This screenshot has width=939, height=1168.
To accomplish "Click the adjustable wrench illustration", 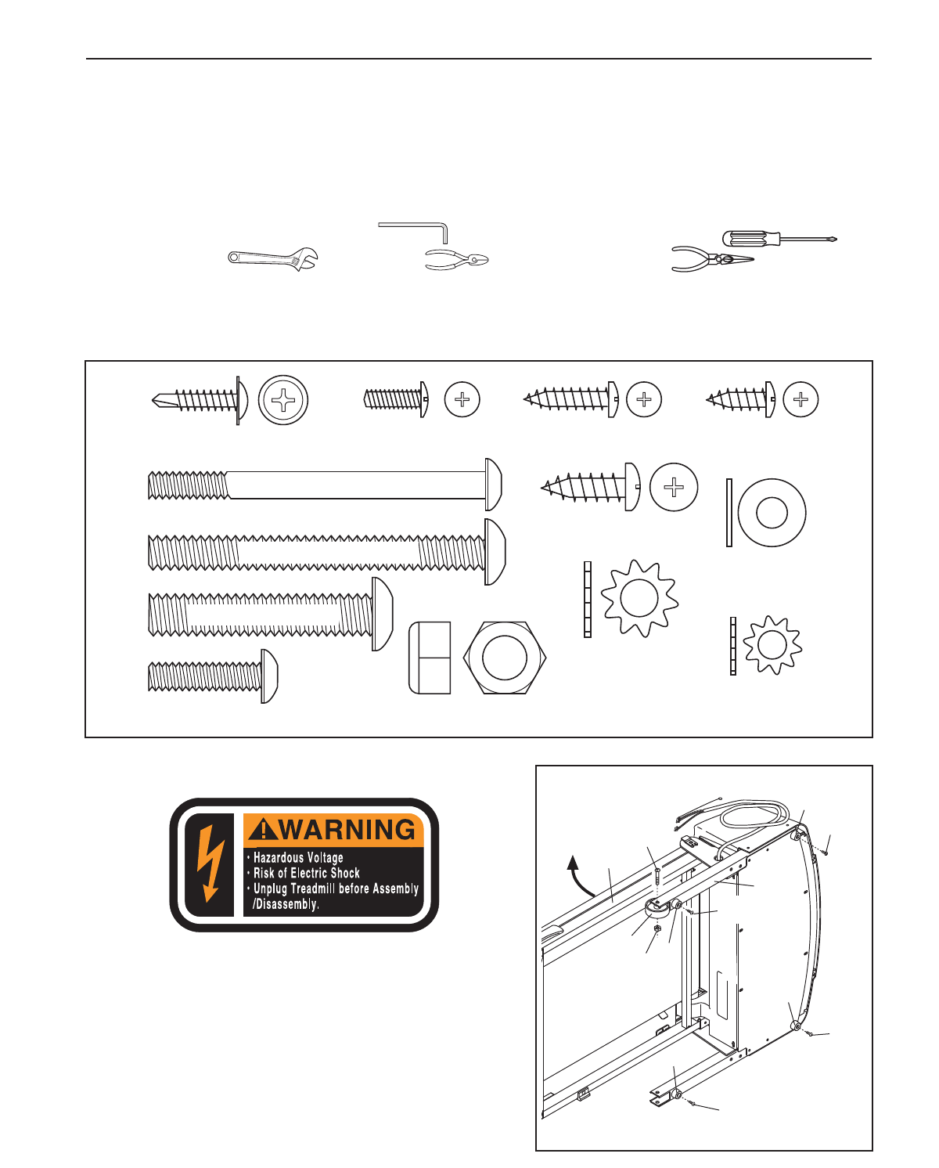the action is click(272, 258).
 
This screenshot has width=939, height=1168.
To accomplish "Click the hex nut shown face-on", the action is click(505, 658).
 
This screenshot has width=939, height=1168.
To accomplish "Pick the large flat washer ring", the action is click(772, 513).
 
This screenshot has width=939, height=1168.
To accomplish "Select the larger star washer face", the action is click(639, 598).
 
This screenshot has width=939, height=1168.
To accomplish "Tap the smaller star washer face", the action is click(772, 645).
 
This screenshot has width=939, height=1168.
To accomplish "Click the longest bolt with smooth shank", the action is click(324, 485).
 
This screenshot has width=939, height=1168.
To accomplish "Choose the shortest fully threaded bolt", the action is click(212, 676).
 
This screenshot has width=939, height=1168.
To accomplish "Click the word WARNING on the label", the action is click(348, 830).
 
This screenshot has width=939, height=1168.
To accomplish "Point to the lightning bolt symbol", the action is click(209, 863).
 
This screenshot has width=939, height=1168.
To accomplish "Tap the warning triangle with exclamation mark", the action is click(264, 828).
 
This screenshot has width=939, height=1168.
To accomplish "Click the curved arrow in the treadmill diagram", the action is click(580, 876).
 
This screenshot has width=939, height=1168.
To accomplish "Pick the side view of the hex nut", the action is click(430, 658).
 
